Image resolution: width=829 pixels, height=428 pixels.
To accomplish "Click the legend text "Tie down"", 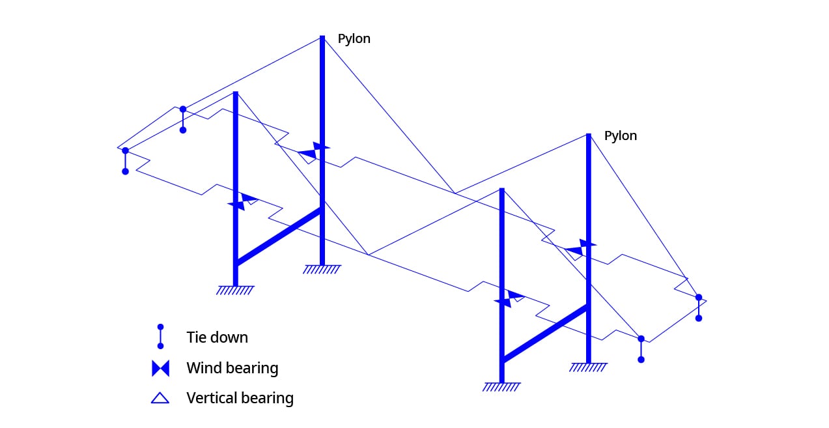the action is click(x=218, y=337).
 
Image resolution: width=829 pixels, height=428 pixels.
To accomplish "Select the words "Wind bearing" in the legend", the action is click(x=232, y=368).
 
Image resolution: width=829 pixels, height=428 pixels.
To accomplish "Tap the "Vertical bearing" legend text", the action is click(x=240, y=398).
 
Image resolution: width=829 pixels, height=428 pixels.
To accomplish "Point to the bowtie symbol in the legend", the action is click(x=161, y=368).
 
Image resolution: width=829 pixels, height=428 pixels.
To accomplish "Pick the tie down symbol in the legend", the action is click(x=160, y=337).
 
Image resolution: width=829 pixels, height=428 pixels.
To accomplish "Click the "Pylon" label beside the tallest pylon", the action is click(x=354, y=39).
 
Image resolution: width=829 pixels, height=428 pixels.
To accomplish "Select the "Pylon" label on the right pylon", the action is click(x=621, y=136).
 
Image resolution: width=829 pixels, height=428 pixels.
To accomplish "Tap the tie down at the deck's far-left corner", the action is click(x=126, y=161).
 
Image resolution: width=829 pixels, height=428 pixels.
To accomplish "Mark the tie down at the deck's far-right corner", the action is click(x=699, y=307).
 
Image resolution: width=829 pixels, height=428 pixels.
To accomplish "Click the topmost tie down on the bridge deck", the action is click(x=183, y=120).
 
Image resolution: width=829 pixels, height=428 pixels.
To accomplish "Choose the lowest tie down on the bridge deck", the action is click(x=641, y=349).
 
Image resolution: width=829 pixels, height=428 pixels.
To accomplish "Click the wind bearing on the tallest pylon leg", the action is click(x=314, y=150).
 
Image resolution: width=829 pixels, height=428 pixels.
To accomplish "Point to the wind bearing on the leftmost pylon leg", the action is click(x=243, y=202).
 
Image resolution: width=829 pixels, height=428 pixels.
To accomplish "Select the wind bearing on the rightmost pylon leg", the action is click(x=581, y=248).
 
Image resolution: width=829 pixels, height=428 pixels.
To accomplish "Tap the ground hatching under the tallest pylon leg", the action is click(x=322, y=269).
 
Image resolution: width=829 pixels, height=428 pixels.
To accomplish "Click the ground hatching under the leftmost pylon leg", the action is click(x=235, y=290).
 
